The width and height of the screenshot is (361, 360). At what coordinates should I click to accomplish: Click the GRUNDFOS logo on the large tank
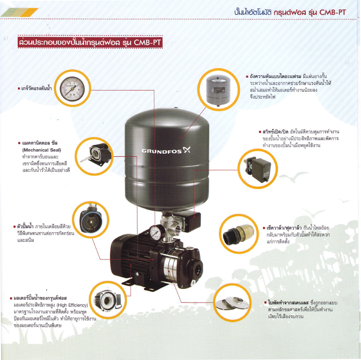point(165,151)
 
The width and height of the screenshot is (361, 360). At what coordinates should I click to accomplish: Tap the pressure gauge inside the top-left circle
point(73,88)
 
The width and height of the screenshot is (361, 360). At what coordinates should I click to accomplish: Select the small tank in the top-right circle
point(218,89)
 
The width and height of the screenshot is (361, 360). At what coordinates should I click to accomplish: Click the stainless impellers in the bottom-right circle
point(232,303)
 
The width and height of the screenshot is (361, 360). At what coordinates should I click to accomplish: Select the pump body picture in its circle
point(90,221)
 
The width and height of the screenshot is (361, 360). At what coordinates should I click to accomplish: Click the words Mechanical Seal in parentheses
point(41,150)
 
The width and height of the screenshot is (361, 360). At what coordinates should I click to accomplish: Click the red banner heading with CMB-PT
point(90,42)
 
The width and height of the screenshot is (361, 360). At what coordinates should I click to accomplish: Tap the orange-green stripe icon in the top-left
point(26,13)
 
